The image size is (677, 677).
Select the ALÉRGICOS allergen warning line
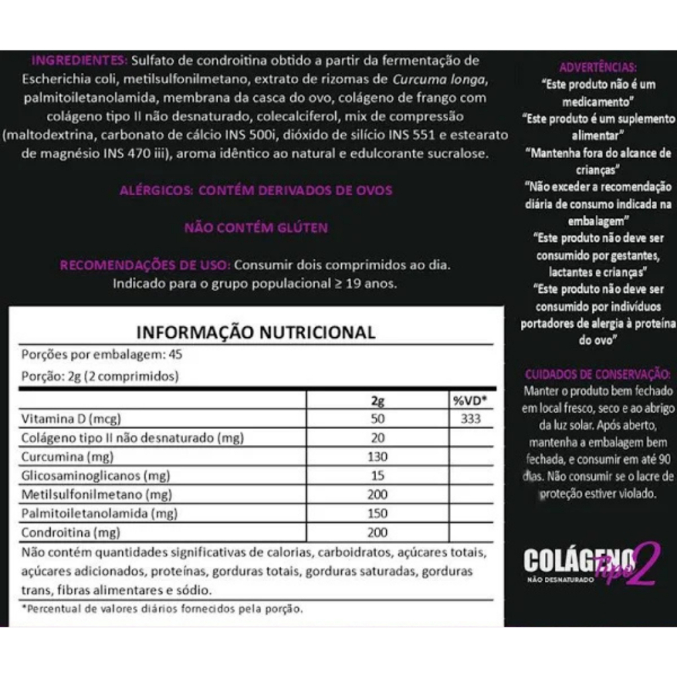(x=256, y=190)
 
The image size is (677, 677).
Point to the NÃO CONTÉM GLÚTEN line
(x=256, y=228)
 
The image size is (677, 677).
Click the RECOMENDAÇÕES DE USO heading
(x=145, y=266)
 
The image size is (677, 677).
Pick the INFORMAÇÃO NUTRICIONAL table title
(x=256, y=332)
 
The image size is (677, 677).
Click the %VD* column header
(x=469, y=400)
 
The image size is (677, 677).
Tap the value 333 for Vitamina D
(x=471, y=418)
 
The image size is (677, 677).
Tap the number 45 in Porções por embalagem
(x=176, y=354)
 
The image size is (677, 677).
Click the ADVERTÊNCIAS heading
(x=598, y=67)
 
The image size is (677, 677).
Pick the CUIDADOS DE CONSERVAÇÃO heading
(x=598, y=375)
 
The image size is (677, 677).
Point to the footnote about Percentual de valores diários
(x=163, y=608)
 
